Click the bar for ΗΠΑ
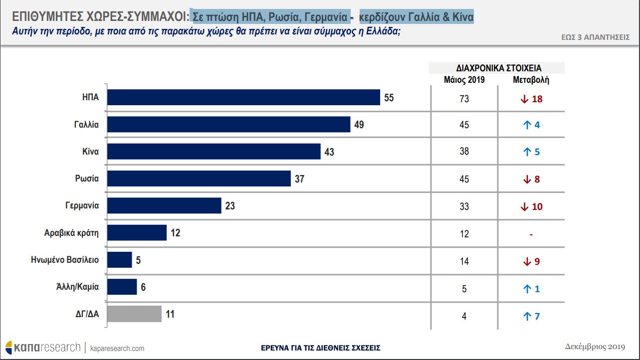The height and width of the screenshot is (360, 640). pos(243,98)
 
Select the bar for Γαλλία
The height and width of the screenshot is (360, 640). pos(228,125)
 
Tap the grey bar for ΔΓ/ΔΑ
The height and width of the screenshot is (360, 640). pos(134,314)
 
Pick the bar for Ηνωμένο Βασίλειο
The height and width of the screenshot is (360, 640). pos(120,260)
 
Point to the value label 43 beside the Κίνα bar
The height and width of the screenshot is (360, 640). pos(329,152)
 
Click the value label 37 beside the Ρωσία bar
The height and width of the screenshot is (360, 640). pos(299,179)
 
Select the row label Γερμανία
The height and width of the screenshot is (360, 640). pos(82,205)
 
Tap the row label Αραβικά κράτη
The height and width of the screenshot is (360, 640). pos(72,232)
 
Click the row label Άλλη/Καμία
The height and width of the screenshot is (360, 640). pos(77,287)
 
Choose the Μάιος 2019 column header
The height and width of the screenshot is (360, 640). pos(464,80)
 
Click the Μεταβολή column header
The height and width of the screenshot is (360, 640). pos(531,80)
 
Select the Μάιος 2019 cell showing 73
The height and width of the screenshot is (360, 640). pos(464,99)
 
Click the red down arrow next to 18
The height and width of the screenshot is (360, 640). pos(524,99)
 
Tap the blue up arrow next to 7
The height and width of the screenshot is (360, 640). pos(526,316)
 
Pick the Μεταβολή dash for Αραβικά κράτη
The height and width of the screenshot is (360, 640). pos(531,234)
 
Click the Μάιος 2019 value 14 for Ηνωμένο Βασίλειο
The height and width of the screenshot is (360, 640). pos(464,261)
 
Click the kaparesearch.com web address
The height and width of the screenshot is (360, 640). pos(117,348)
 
